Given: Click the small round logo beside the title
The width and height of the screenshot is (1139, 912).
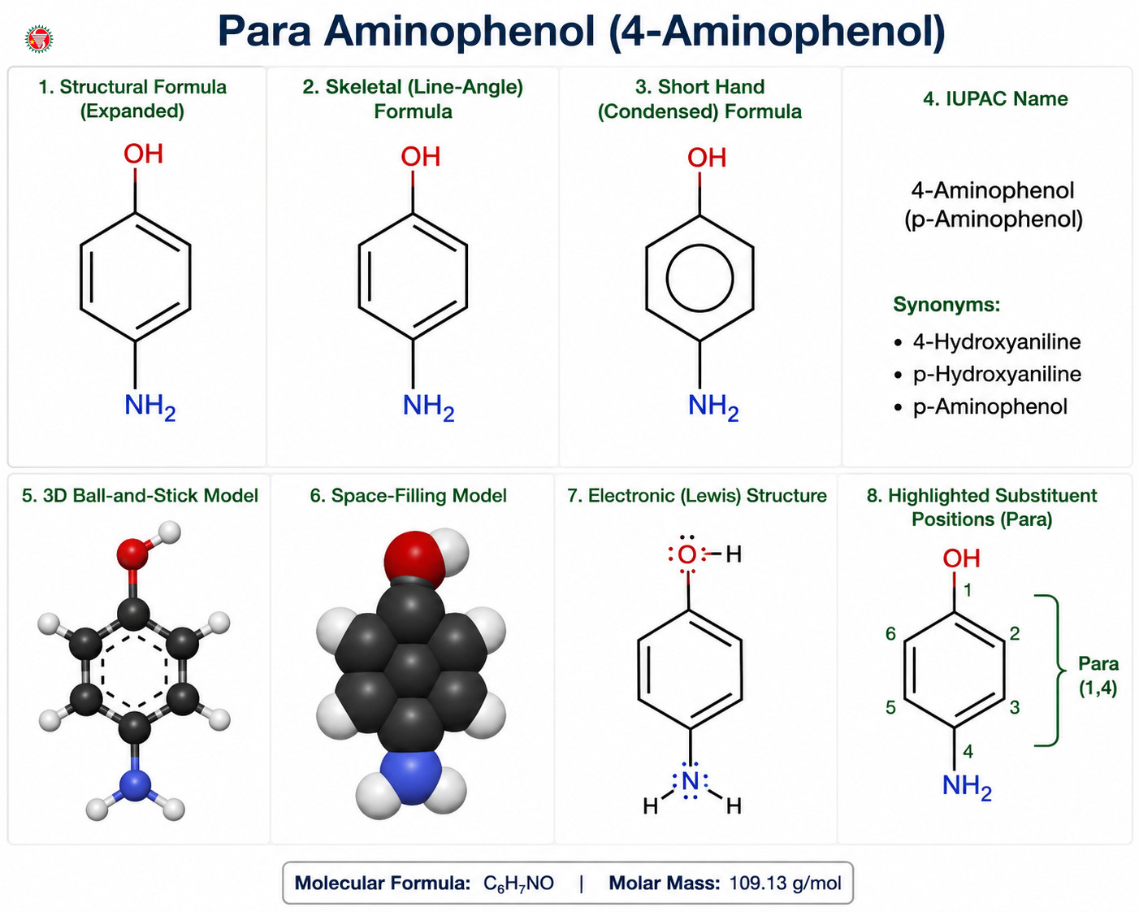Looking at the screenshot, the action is (x=39, y=39).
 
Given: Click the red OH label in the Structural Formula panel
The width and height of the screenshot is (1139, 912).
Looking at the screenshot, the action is (x=143, y=154).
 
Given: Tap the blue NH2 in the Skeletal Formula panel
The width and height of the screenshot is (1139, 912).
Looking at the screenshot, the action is (x=428, y=406).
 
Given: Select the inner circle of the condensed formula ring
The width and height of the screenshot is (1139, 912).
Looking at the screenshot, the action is (x=699, y=278).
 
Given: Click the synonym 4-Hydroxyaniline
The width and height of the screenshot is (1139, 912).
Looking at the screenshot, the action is (x=997, y=341).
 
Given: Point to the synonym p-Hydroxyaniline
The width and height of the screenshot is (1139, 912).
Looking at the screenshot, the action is (x=997, y=375).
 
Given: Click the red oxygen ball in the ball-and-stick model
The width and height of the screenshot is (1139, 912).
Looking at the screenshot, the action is (x=132, y=554).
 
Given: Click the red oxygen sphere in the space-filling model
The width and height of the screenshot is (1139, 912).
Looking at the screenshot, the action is (x=414, y=560).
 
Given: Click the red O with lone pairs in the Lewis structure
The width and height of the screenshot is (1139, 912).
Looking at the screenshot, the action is (x=687, y=554).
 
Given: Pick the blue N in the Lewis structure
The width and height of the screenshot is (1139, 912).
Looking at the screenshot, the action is (x=691, y=781).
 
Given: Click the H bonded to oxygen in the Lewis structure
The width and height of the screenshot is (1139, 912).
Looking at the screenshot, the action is (x=734, y=554).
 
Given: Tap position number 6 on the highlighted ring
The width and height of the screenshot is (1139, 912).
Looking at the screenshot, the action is (x=890, y=633).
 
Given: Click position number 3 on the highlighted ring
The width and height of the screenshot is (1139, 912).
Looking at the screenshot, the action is (x=1015, y=707).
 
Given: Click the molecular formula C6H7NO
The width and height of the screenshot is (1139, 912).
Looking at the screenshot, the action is (x=518, y=883).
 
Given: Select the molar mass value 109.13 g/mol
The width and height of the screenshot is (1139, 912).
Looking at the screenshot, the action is (x=785, y=883).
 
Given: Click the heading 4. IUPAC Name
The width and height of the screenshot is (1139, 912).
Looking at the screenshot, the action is (x=995, y=99).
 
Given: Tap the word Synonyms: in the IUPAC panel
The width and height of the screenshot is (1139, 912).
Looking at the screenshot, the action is (x=946, y=305).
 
